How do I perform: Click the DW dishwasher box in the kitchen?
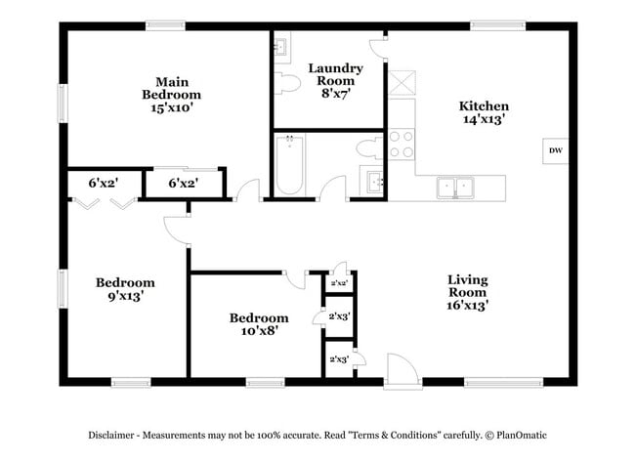[555, 150]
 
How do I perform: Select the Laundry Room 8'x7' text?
[336, 81]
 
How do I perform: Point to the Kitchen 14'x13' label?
[484, 112]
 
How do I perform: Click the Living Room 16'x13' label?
[467, 292]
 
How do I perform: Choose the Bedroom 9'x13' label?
[125, 289]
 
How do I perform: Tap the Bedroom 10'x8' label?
[259, 324]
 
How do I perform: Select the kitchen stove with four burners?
[402, 145]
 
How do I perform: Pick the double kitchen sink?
[453, 186]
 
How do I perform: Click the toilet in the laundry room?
[288, 84]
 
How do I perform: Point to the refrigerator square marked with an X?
[401, 79]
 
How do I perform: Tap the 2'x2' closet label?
[340, 283]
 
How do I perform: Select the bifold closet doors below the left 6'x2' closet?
[103, 203]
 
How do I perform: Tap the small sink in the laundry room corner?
[279, 45]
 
